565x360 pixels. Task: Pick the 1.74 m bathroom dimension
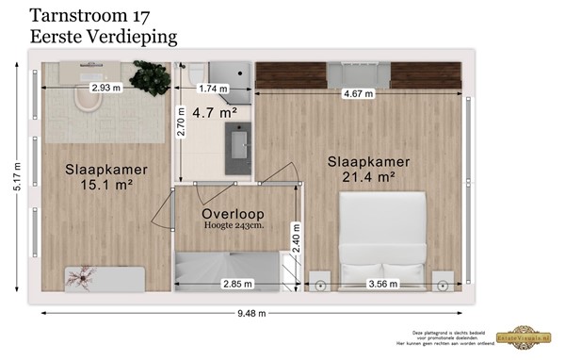[215, 88]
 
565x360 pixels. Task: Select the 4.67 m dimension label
[358, 93]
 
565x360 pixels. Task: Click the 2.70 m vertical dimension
[182, 121]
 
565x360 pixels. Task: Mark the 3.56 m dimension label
[380, 283]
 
